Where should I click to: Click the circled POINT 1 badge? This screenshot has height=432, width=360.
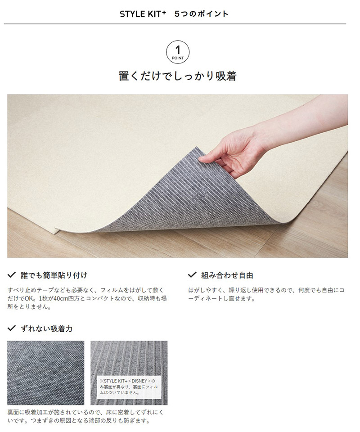click(x=178, y=52)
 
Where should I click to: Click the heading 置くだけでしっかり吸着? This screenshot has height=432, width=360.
click(x=178, y=76)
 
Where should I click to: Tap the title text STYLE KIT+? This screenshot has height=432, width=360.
click(x=143, y=14)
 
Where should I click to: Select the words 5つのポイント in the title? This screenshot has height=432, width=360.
click(x=201, y=14)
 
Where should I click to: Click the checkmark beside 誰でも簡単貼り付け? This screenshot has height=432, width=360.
click(x=11, y=274)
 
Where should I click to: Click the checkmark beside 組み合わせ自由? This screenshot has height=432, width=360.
click(x=192, y=274)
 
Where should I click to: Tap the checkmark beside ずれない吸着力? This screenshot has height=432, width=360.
click(x=11, y=328)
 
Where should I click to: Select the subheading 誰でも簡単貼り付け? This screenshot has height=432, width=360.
click(x=54, y=275)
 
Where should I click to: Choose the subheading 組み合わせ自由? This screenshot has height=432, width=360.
click(x=227, y=275)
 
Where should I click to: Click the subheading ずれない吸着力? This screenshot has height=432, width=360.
click(x=46, y=328)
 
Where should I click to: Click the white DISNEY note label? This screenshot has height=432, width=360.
click(x=129, y=387)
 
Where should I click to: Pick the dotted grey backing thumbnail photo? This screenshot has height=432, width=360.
click(x=46, y=373)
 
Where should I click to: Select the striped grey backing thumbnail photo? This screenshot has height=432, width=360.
click(x=129, y=373)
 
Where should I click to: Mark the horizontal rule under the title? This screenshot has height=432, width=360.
click(x=175, y=24)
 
